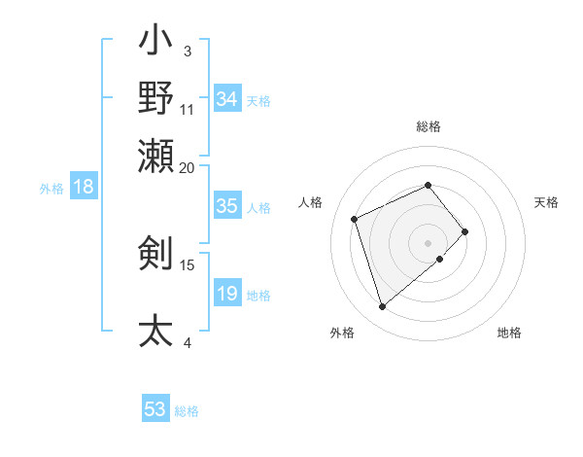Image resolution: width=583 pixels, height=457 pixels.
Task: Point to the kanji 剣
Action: tap(155, 252)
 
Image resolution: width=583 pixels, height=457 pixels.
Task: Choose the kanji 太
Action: tap(155, 330)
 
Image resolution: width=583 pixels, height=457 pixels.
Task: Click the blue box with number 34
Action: tap(227, 99)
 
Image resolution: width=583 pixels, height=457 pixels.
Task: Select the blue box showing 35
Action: tap(227, 206)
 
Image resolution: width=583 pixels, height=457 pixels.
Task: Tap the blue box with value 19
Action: tap(227, 294)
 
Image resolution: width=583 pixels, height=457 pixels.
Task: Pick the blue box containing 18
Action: tap(84, 188)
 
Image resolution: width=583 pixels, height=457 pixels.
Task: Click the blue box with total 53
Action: tap(155, 409)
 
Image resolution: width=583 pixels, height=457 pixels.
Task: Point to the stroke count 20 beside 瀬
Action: tap(187, 167)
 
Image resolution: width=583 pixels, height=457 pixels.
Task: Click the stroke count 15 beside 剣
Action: tap(188, 264)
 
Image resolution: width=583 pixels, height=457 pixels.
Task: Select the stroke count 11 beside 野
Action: tap(188, 109)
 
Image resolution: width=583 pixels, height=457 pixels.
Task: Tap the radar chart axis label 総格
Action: tap(429, 126)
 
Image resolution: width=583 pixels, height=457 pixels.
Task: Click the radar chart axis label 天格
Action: tap(546, 202)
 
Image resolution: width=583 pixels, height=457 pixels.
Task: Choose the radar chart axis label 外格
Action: tap(342, 333)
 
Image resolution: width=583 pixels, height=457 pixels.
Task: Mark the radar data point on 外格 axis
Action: tap(383, 306)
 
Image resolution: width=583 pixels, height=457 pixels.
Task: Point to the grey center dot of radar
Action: tap(429, 241)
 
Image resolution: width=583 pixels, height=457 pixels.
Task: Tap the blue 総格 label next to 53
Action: tap(188, 411)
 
